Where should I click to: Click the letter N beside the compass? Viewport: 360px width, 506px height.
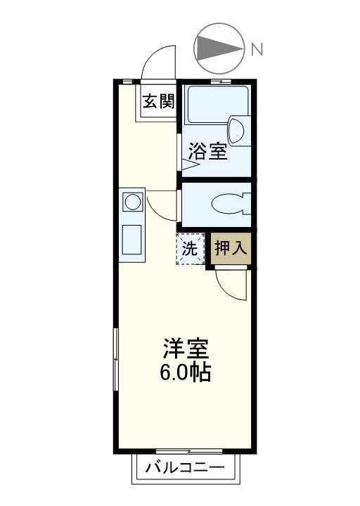click(257, 49)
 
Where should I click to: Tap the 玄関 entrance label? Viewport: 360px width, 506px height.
click(158, 103)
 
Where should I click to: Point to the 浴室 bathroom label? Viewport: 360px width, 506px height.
click(208, 152)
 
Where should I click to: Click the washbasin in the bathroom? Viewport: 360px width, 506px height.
click(236, 129)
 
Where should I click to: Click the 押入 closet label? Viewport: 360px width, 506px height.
click(231, 248)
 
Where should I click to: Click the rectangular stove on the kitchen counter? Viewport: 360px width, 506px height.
click(131, 240)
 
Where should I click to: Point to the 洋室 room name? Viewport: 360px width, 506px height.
click(186, 348)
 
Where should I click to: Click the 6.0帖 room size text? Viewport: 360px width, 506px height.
click(186, 372)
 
